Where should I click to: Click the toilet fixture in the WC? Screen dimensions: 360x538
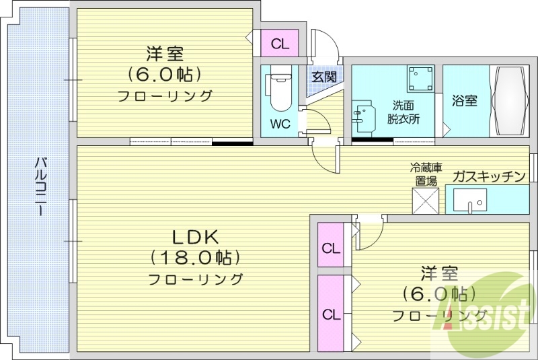click(278, 93)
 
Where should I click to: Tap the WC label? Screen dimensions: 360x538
click(280, 124)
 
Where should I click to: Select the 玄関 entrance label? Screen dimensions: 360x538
click(323, 77)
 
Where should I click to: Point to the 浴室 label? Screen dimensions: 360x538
click(465, 101)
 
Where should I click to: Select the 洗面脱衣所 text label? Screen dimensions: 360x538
click(403, 112)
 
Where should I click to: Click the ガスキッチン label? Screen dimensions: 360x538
click(488, 177)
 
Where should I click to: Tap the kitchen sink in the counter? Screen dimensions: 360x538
click(470, 200)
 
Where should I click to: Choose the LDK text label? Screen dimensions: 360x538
click(194, 237)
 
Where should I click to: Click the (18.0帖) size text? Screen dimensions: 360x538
click(195, 257)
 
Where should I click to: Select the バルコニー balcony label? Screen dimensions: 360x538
click(40, 184)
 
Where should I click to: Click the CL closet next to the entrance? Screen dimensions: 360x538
click(280, 44)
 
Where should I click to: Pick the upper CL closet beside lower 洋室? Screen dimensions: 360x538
click(330, 248)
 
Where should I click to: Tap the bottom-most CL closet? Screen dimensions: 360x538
click(330, 314)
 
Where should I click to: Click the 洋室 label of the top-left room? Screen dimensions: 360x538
click(165, 52)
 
